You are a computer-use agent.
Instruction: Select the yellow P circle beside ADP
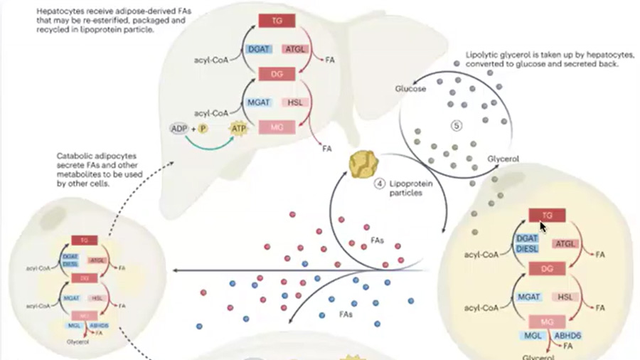[203, 129]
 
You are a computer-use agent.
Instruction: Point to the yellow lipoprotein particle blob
[363, 164]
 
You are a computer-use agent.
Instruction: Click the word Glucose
[410, 89]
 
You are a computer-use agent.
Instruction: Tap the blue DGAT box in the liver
[258, 48]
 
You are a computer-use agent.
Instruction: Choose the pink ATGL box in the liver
[294, 48]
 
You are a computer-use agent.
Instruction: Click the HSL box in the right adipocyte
[565, 297]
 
